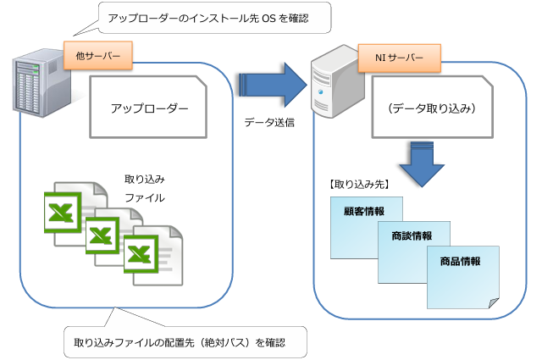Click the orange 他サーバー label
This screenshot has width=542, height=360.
point(98,55)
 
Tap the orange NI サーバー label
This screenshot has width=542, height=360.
point(399,58)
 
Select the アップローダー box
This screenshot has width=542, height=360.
point(148,108)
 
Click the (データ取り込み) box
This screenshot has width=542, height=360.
point(433,108)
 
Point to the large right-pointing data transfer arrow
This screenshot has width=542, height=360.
point(273,85)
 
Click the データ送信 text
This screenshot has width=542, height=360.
point(269,123)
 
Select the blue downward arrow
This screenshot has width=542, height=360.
point(422,164)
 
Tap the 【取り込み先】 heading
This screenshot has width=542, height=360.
point(359,185)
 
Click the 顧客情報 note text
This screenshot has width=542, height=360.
point(364,211)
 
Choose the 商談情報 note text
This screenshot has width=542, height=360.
point(412,235)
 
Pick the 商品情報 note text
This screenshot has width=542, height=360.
point(460,261)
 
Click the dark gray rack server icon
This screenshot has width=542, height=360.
point(41,83)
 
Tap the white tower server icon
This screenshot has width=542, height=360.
point(337,81)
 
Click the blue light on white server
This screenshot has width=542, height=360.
point(320,92)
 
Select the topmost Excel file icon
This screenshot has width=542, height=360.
point(76,213)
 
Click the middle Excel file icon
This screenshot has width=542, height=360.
point(114,237)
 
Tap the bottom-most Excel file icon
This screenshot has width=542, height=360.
point(153,255)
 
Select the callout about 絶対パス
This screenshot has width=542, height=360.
point(185,341)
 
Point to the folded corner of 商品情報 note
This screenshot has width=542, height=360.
point(494,303)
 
